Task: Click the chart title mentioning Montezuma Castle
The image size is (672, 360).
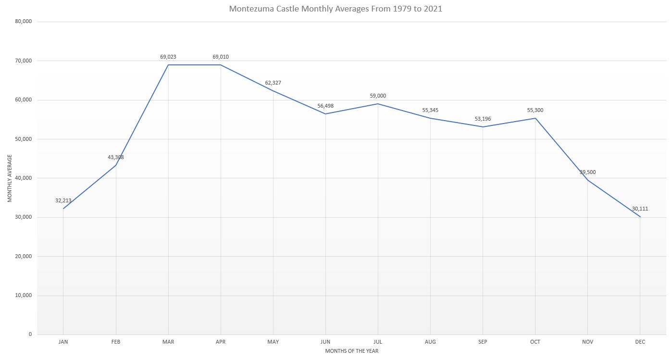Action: click(336, 9)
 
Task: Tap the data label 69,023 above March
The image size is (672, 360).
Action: click(168, 57)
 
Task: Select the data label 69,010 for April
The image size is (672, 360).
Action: click(221, 57)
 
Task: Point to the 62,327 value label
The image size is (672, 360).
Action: click(273, 83)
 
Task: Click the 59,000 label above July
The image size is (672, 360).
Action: click(378, 96)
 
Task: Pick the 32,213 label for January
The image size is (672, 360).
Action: click(63, 200)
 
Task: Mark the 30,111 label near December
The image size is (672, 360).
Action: click(640, 209)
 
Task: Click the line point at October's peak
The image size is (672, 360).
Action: click(535, 118)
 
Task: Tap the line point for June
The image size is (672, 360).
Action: click(325, 114)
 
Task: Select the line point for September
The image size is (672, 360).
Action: click(483, 127)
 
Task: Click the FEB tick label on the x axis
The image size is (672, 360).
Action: click(116, 342)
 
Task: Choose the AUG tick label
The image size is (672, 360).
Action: click(430, 342)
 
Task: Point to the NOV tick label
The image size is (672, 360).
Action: click(587, 342)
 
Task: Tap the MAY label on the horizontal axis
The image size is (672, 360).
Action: click(273, 342)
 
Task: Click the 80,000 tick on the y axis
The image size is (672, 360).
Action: click(24, 22)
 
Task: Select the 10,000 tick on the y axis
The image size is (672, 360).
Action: click(24, 296)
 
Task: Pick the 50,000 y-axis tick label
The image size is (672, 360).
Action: click(24, 139)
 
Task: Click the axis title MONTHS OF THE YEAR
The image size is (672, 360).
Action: click(351, 351)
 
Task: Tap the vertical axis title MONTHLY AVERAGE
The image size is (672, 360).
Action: click(10, 178)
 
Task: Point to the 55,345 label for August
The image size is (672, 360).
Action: click(430, 110)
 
